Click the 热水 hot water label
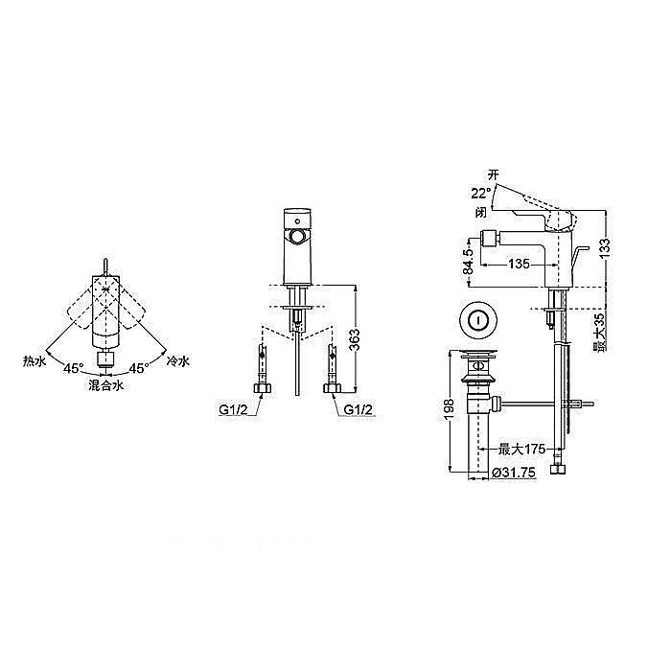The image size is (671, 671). pyautogui.click(x=35, y=361)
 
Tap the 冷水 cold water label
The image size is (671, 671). pyautogui.click(x=178, y=361)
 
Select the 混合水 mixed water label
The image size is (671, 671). pyautogui.click(x=106, y=385)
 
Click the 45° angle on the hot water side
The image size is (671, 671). pyautogui.click(x=74, y=368)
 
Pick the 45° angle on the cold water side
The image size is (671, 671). pyautogui.click(x=139, y=368)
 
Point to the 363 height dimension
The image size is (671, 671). pyautogui.click(x=355, y=339)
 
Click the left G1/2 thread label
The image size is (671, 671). pyautogui.click(x=233, y=410)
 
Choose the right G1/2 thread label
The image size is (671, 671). pyautogui.click(x=359, y=410)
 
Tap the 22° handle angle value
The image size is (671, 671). pyautogui.click(x=480, y=194)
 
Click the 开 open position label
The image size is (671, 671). pyautogui.click(x=494, y=175)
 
